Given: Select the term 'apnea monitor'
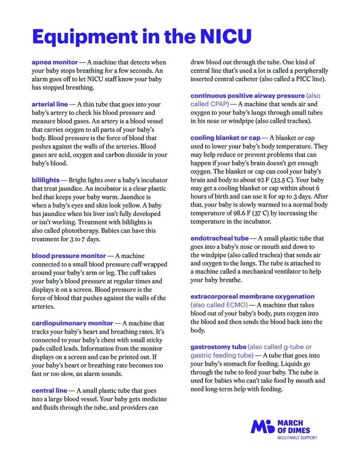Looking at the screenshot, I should (x=54, y=62).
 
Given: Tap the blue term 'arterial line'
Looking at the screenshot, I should (x=49, y=104).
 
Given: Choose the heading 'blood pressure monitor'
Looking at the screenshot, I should (x=68, y=256).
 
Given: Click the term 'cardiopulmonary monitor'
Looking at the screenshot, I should (x=72, y=323).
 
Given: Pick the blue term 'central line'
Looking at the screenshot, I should (x=49, y=390).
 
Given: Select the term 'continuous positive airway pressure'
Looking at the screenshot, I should (x=247, y=95).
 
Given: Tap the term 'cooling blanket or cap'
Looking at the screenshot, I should (x=225, y=138).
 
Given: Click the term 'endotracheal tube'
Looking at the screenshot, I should (x=219, y=238).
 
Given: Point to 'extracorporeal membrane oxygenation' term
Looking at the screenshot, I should (x=252, y=297).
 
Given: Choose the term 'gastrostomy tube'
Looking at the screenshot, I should (x=218, y=347).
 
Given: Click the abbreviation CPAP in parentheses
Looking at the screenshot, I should (x=218, y=104).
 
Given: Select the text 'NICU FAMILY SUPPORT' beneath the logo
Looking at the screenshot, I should (x=297, y=438).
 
